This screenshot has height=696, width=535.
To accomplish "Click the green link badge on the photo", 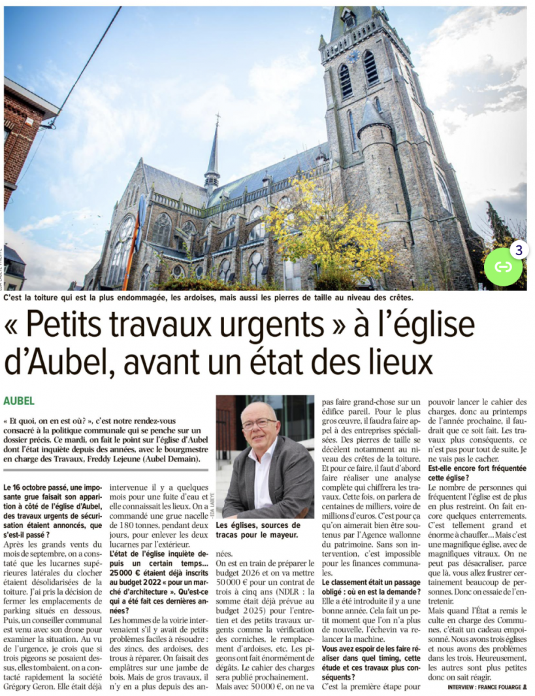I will (x=502, y=266).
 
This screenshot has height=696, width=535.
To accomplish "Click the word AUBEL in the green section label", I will (x=19, y=400).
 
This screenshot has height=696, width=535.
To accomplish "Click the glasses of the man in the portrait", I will (x=259, y=423).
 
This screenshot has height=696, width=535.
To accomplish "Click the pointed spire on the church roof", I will (x=212, y=150).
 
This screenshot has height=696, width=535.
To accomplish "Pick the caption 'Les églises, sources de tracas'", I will (x=258, y=530).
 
